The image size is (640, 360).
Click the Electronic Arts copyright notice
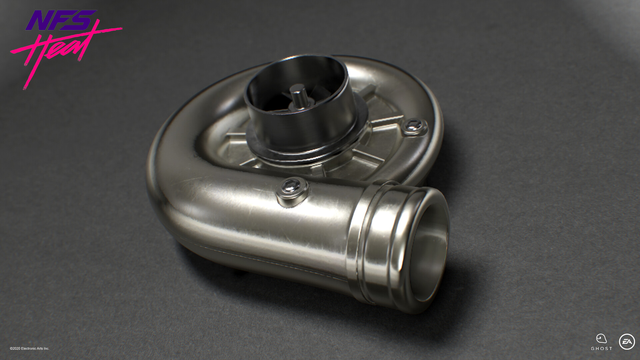[x=30, y=348]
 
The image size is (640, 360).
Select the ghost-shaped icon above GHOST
[x=601, y=338]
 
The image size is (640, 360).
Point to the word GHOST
[x=602, y=349]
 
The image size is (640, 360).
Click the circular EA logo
[x=627, y=342]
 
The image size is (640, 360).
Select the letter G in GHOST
[x=593, y=349]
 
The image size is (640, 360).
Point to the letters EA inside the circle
[x=627, y=342]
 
